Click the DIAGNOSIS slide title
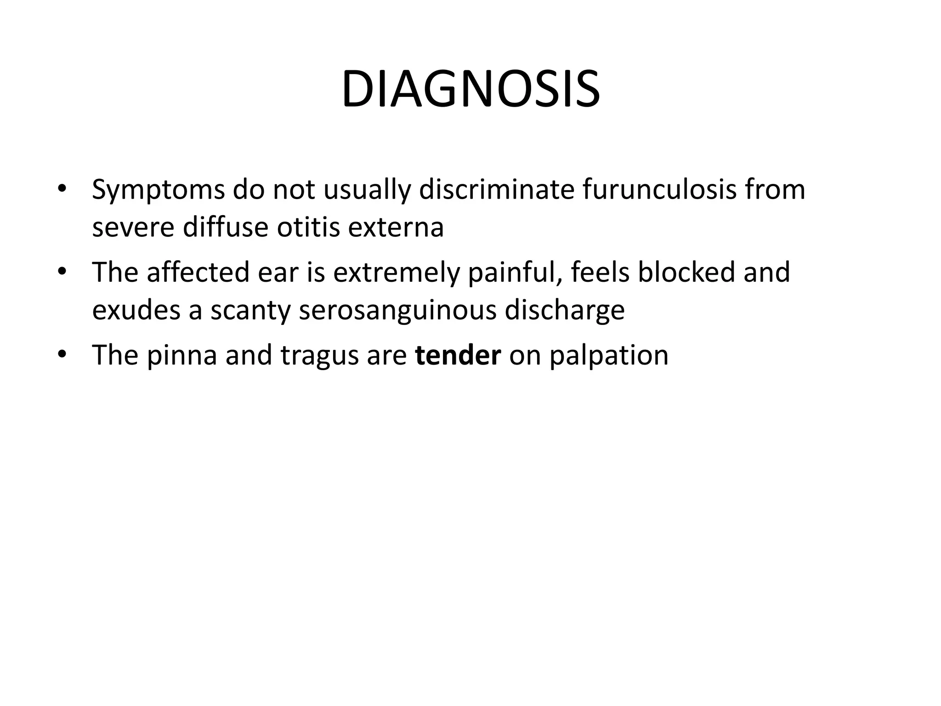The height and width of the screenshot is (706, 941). [470, 90]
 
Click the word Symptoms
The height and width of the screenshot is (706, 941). [158, 190]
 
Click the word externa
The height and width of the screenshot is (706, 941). [396, 227]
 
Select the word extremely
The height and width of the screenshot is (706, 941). [396, 273]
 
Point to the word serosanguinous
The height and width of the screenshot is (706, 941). [397, 311]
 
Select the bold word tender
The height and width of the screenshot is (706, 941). [458, 355]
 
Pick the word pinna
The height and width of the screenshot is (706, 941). [182, 355]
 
